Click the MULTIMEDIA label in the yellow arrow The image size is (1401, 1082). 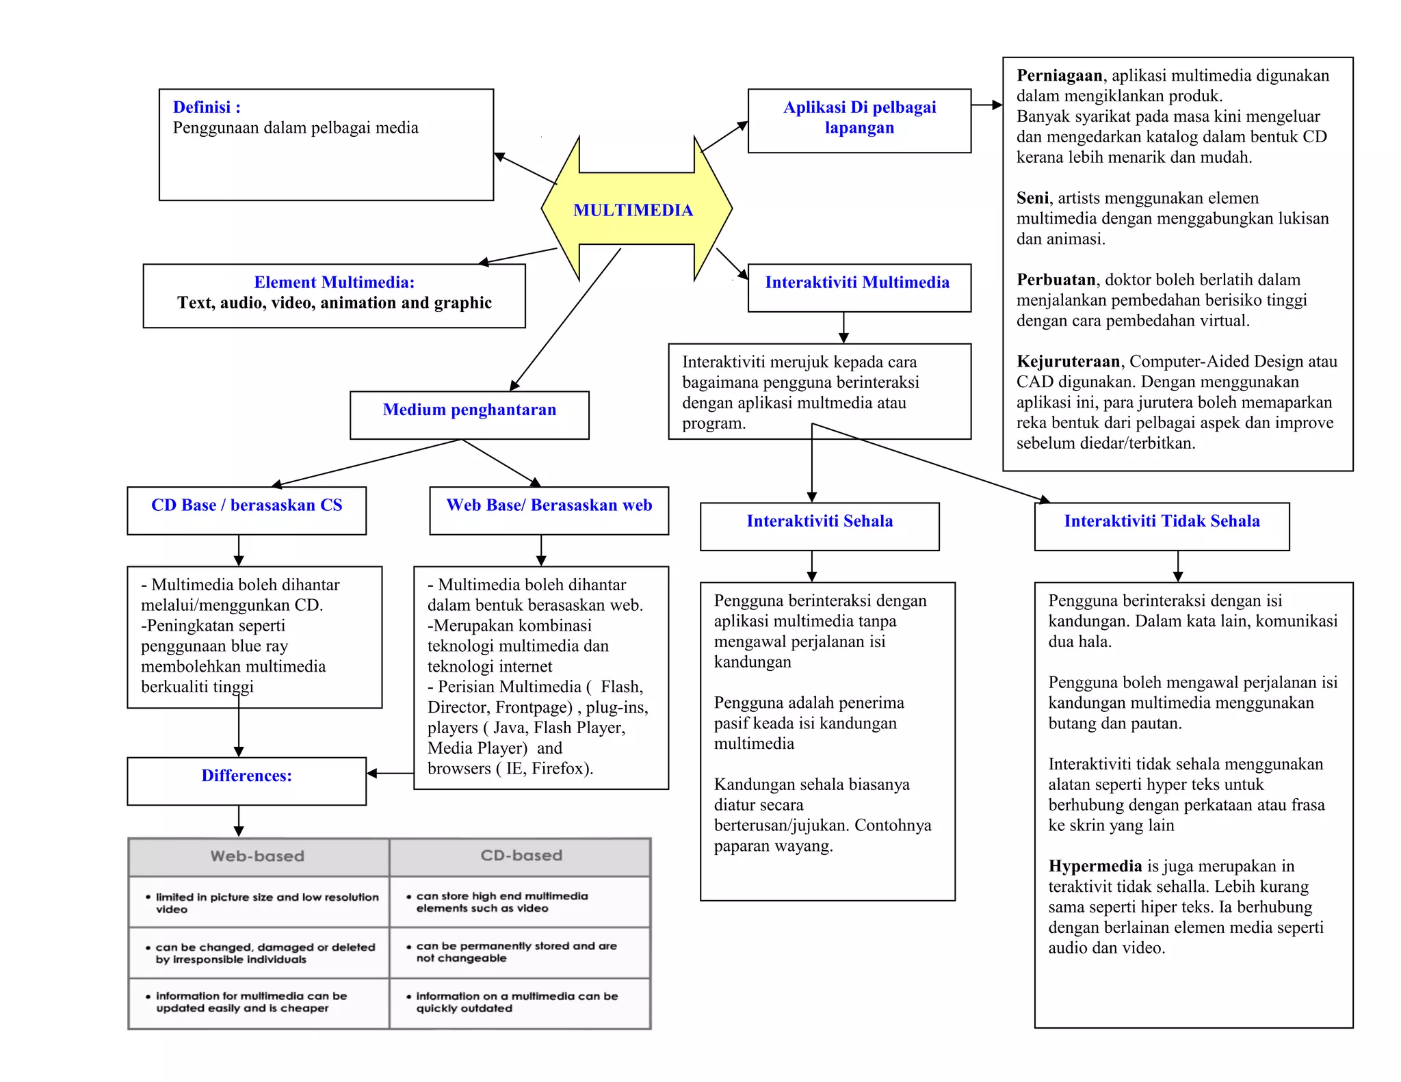coord(633,210)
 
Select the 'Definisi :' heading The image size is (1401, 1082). coord(206,107)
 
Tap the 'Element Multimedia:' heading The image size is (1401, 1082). coord(334,282)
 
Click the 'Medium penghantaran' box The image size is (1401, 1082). coord(469,414)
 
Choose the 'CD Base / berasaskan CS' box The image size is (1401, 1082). coord(246,510)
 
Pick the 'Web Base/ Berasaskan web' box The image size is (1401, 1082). coord(549,510)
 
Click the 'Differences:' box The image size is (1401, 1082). coord(246,780)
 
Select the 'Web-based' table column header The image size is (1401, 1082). coord(258,856)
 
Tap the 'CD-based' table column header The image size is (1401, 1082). coord(521,856)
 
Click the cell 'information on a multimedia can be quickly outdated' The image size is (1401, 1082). coord(517,1003)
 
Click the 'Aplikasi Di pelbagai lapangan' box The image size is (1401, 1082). coord(859,120)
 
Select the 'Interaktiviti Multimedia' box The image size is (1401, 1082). coord(859,287)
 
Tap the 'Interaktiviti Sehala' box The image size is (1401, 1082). coord(820,526)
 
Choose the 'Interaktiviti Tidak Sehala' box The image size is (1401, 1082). coord(1162,526)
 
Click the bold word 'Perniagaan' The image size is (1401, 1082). coord(1059,75)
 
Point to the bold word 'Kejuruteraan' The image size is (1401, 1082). coord(1068,361)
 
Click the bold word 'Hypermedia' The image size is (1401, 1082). coord(1095,866)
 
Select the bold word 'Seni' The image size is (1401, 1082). coord(1032,198)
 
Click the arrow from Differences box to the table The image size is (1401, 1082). coord(239,821)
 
